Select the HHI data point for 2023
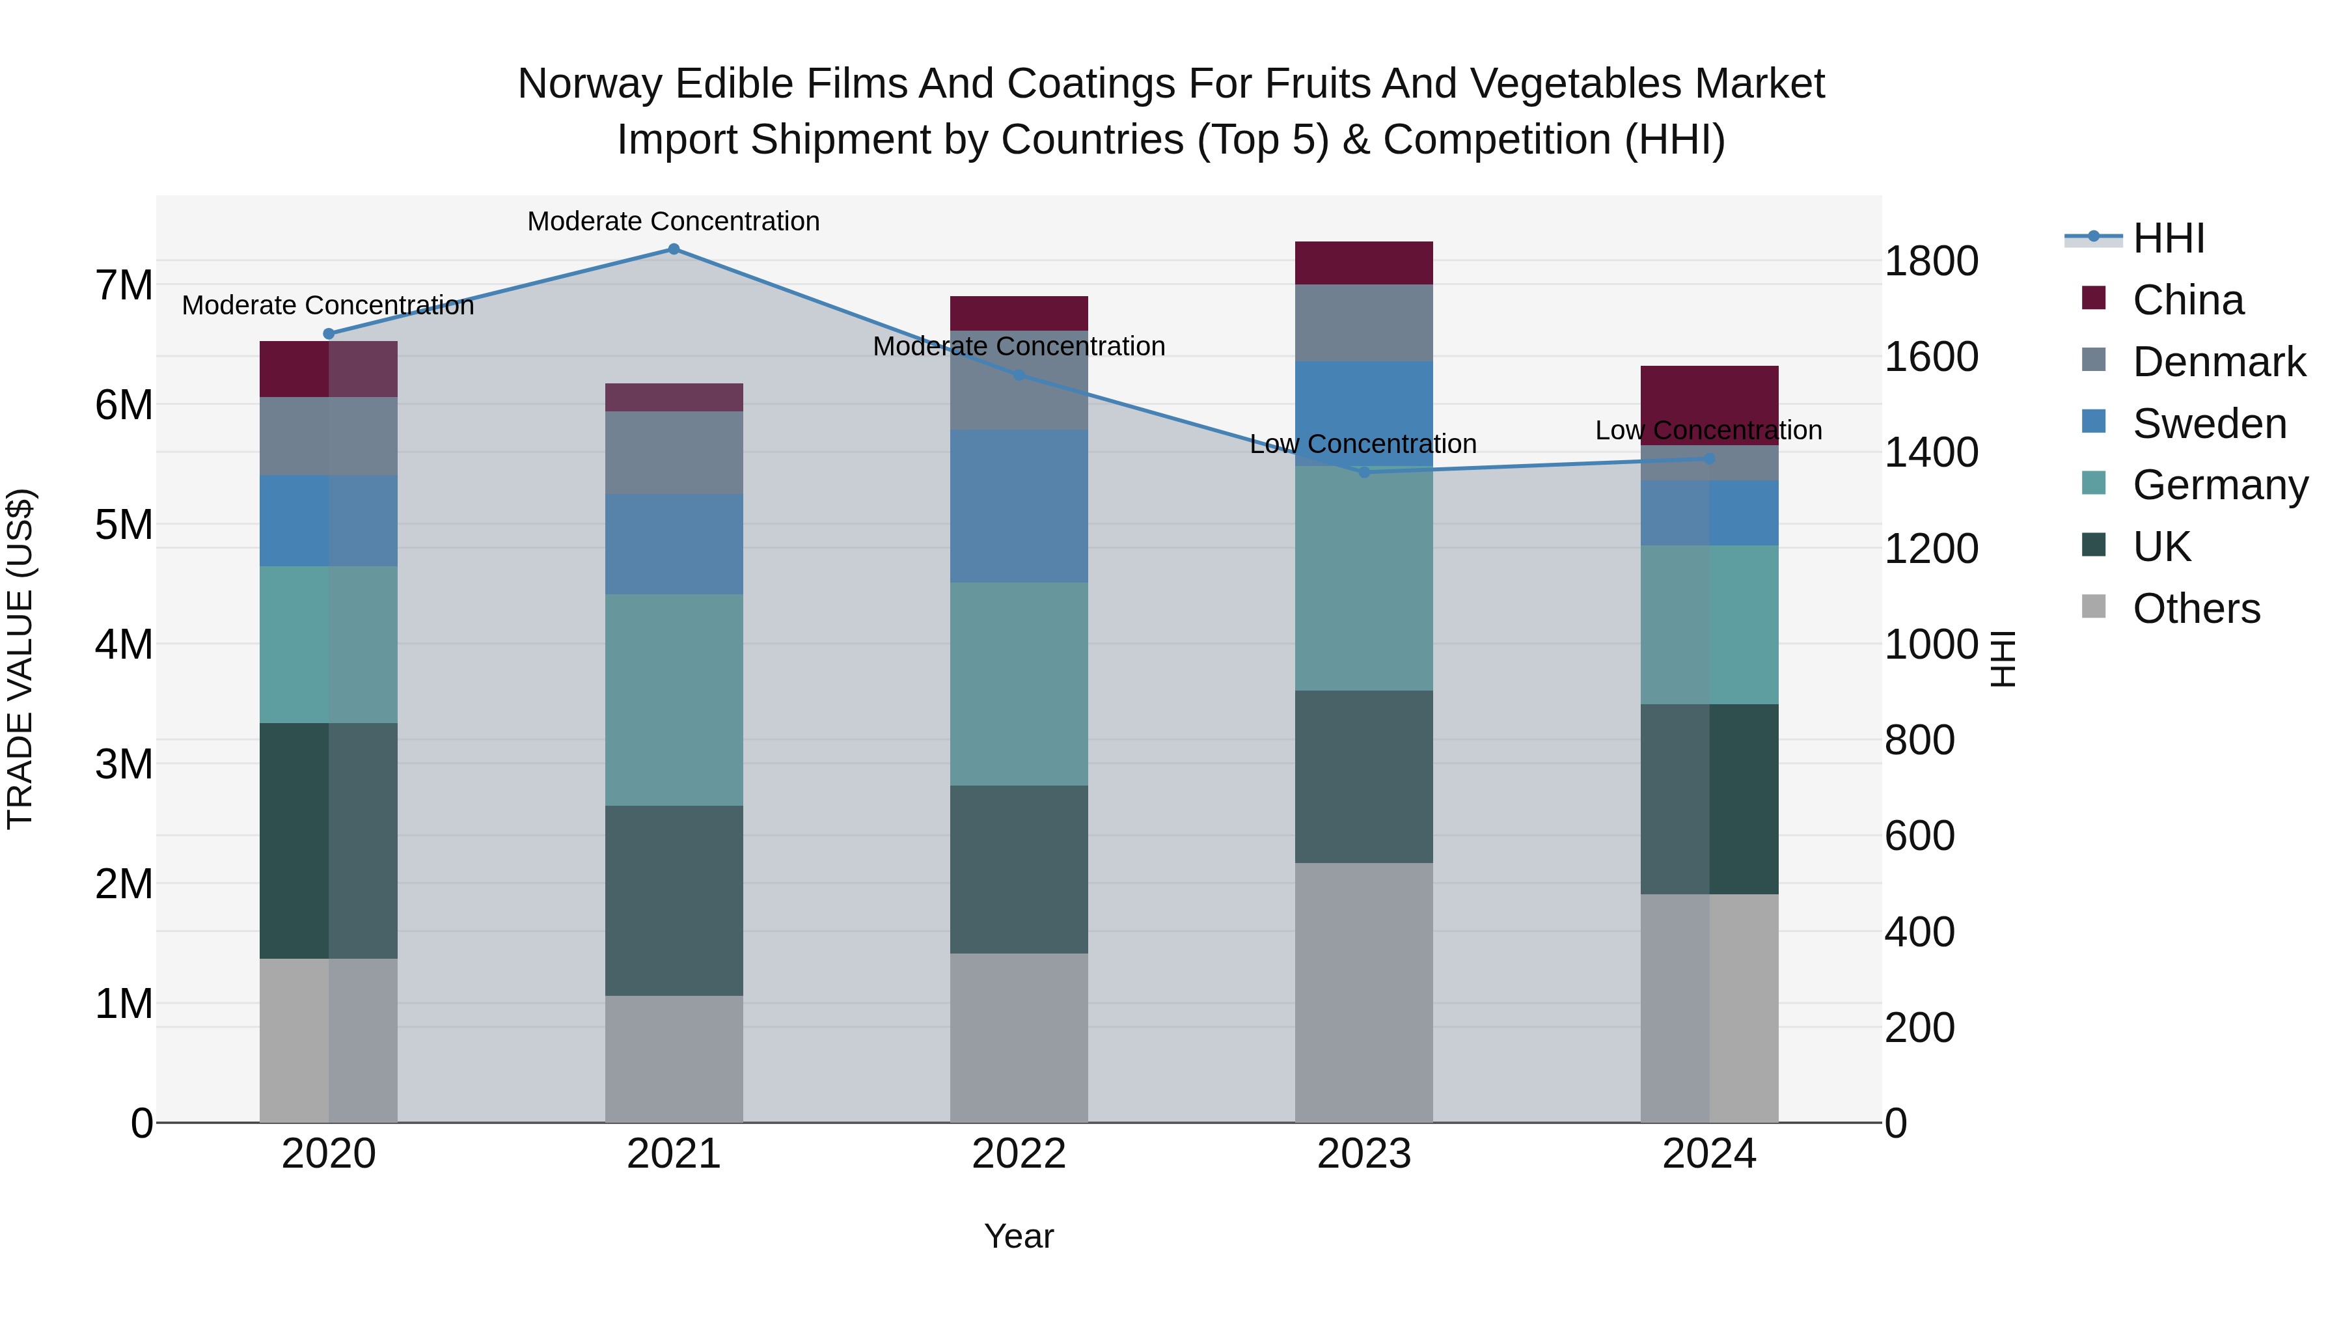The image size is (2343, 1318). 1363,472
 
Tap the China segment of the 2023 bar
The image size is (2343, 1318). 1363,263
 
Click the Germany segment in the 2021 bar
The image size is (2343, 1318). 674,700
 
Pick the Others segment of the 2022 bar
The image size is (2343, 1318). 1019,1038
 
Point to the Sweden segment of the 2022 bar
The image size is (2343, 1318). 1019,506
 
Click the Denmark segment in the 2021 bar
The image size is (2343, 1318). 674,453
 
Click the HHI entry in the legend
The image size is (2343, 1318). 2169,238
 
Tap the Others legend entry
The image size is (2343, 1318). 2196,609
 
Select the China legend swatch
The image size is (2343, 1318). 2094,298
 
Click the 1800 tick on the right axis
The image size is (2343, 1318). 1931,261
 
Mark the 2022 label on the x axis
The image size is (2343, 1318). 1019,1154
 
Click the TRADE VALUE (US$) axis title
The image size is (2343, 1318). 20,659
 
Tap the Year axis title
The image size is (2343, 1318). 1019,1236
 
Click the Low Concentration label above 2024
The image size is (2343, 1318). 1708,430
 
